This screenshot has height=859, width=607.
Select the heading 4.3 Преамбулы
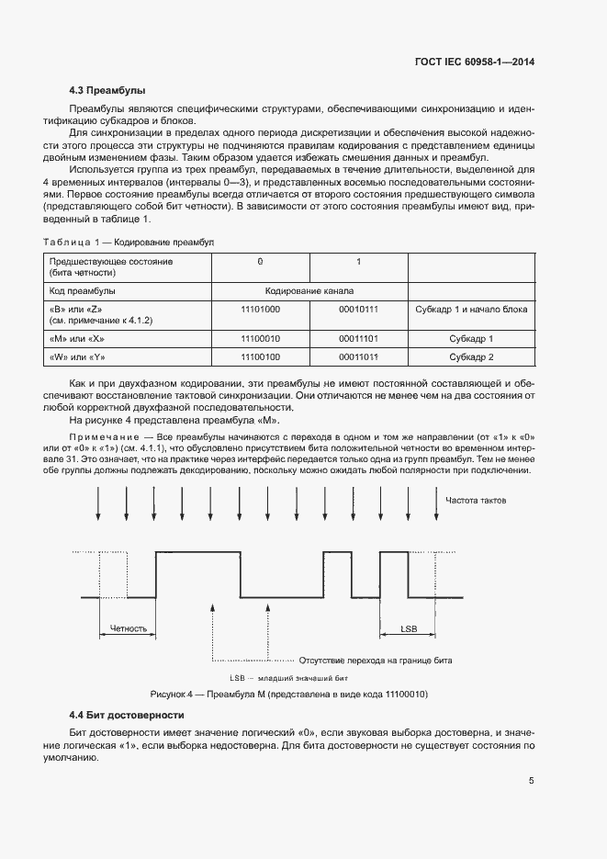click(x=107, y=90)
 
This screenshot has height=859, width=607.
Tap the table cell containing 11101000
click(x=260, y=310)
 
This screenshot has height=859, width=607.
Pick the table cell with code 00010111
click(x=358, y=310)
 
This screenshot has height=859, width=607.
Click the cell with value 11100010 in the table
click(x=260, y=339)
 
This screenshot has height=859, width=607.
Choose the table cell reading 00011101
click(x=358, y=339)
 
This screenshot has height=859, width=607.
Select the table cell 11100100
click(x=260, y=356)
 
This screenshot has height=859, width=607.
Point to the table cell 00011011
click(x=358, y=356)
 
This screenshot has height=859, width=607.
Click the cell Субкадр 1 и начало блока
click(x=471, y=310)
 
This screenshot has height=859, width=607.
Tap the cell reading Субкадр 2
click(x=471, y=356)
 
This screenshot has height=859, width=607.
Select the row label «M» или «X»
click(x=78, y=339)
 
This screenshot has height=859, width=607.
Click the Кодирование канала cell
click(x=309, y=290)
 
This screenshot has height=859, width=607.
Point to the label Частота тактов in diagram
click(x=476, y=501)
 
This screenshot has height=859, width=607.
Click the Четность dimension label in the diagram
click(x=128, y=629)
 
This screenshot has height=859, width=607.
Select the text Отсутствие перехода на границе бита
click(x=376, y=661)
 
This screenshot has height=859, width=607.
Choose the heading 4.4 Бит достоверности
click(x=122, y=715)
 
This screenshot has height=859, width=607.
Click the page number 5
click(x=531, y=781)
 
